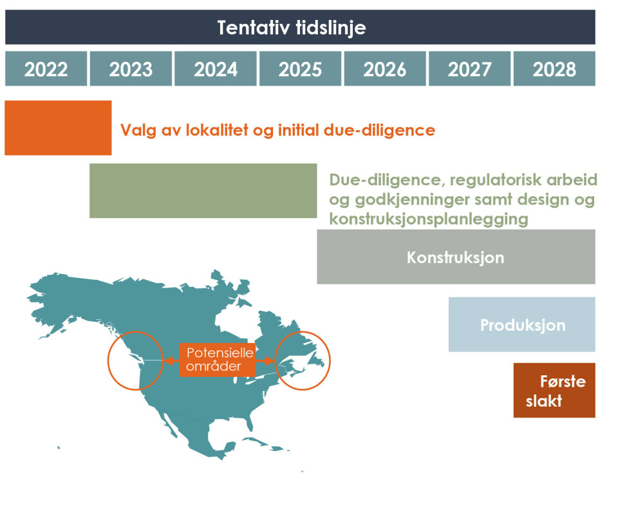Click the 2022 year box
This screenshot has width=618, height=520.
click(x=46, y=69)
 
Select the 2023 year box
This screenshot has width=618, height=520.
click(x=131, y=69)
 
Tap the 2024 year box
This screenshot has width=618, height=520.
click(x=216, y=69)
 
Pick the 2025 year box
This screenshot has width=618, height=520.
click(x=301, y=69)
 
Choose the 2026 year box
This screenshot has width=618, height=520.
click(x=385, y=69)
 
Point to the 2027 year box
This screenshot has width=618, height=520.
click(x=470, y=69)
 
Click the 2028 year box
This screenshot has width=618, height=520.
click(x=554, y=69)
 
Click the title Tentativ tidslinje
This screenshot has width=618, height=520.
click(x=292, y=28)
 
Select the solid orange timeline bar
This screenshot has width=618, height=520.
click(x=58, y=127)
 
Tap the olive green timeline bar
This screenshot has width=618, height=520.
click(x=203, y=190)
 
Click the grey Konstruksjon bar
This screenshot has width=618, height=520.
click(x=456, y=257)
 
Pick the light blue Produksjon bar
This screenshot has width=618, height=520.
click(x=522, y=324)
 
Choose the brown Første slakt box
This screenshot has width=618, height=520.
click(x=554, y=391)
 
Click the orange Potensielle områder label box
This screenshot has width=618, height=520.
click(x=218, y=360)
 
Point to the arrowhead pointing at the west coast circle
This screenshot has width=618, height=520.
click(x=167, y=360)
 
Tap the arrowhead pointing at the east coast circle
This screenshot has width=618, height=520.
click(x=270, y=360)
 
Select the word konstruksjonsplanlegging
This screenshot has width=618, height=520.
click(x=429, y=219)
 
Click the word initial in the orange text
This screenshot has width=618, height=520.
click(x=298, y=130)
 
